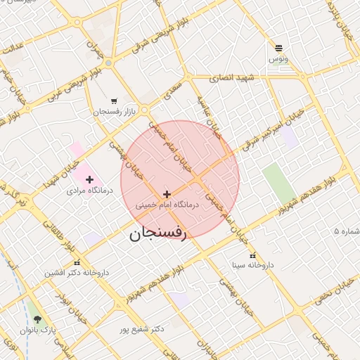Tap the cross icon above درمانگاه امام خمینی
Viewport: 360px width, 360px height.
coord(167,194)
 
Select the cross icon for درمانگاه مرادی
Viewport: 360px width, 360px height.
coord(89,180)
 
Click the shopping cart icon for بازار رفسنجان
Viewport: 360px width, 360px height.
coord(114,101)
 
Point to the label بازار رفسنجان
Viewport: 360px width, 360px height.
coord(110,112)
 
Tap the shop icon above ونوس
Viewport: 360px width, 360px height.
coord(279,48)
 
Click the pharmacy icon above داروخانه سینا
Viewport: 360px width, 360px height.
coord(253,256)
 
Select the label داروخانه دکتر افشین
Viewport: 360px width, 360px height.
coord(77,272)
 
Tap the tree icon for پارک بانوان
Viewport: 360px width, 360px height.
coord(37,319)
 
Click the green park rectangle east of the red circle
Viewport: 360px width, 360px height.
coord(278,184)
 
